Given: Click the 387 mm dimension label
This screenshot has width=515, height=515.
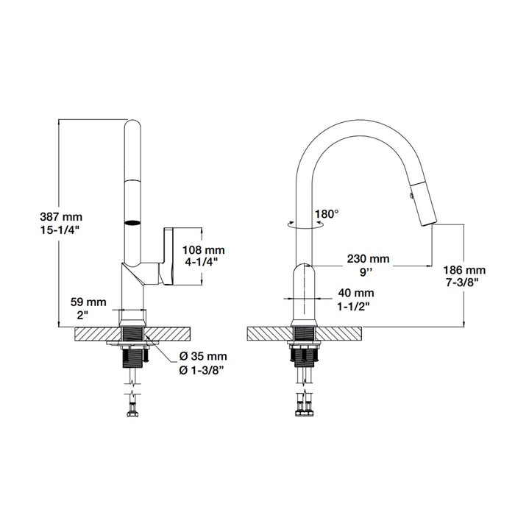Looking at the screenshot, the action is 61,217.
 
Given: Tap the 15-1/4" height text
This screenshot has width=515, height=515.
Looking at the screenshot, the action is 60,230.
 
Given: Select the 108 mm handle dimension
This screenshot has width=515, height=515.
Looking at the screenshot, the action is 204,250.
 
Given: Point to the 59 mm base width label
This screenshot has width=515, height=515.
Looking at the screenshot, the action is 88,302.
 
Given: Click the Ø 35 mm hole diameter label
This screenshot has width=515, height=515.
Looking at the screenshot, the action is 203,356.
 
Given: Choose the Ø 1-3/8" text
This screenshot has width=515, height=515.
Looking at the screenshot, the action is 202,370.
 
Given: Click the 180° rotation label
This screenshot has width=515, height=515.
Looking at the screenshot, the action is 327,214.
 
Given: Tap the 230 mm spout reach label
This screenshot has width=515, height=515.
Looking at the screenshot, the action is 368,259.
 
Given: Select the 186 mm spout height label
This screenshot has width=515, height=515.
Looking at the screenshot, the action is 464,270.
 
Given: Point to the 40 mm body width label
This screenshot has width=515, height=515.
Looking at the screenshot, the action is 356,293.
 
